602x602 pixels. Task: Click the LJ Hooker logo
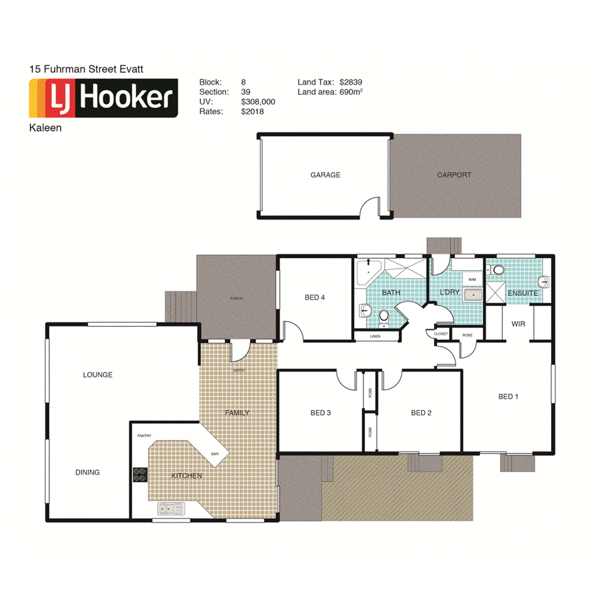click(x=103, y=98)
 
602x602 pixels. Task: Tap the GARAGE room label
click(x=325, y=175)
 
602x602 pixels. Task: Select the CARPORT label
click(x=454, y=175)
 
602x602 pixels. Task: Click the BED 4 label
click(x=315, y=298)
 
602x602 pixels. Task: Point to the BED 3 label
click(x=320, y=413)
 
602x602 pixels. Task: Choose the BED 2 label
click(x=420, y=413)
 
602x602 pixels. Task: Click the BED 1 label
click(x=508, y=397)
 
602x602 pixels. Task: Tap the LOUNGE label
click(x=98, y=375)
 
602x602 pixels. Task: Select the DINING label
click(x=87, y=472)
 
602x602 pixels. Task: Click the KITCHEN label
click(x=187, y=476)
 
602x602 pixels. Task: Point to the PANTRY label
click(x=144, y=436)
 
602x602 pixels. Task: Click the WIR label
click(x=517, y=323)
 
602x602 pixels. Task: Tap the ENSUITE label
click(x=523, y=293)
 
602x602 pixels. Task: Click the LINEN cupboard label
click(x=375, y=337)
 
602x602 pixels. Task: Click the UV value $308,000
click(x=258, y=102)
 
